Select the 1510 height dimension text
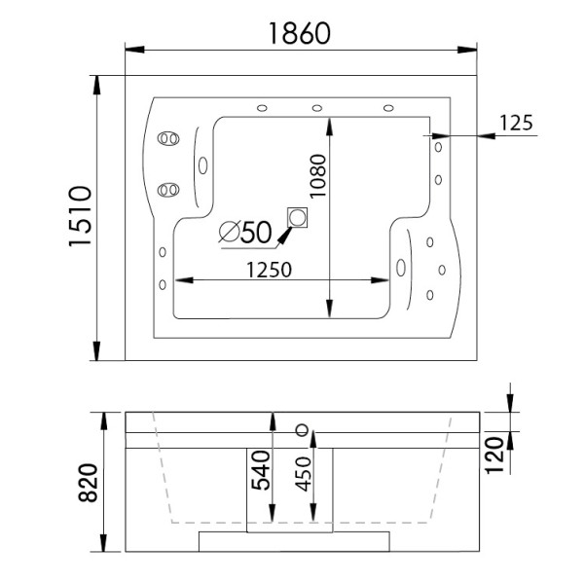(x=81, y=217)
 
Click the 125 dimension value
(x=516, y=123)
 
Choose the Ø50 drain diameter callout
(x=244, y=232)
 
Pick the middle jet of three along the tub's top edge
(x=317, y=108)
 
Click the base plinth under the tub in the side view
(x=295, y=540)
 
